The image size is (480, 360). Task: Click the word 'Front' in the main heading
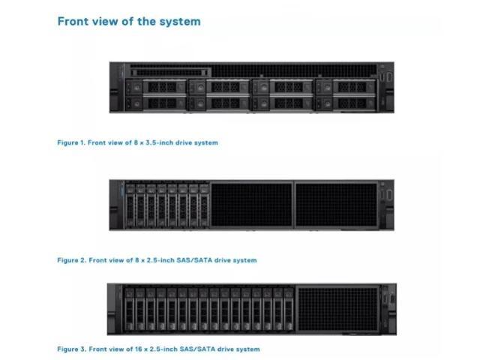73,22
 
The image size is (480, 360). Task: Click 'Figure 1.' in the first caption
70,142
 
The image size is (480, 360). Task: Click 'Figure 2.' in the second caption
71,260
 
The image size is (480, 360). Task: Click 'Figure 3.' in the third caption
71,349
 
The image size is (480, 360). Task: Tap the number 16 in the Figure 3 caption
139,349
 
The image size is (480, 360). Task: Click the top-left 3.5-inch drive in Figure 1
156,87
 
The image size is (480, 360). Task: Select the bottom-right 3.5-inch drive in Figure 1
346,103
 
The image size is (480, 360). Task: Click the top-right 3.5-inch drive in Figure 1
346,87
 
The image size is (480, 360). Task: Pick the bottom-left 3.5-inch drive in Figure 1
156,103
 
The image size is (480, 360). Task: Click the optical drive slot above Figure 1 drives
170,73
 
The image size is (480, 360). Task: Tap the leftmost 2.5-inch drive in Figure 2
130,205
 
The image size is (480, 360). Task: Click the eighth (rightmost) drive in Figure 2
204,205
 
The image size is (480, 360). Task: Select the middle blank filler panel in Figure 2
252,205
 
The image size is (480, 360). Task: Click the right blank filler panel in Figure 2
336,205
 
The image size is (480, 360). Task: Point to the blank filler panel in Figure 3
338,309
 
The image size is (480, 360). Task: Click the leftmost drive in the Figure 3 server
130,309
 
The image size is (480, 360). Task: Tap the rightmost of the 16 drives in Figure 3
288,309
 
